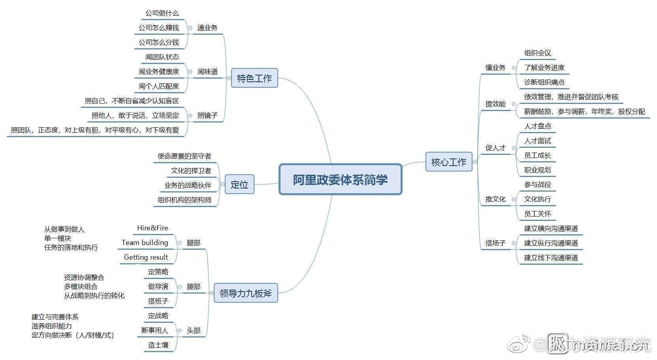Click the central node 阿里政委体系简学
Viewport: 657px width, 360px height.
coord(340,180)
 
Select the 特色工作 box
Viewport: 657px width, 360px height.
coord(254,78)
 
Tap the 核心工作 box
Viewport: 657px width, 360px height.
coord(448,162)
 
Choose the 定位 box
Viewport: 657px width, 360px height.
coord(239,185)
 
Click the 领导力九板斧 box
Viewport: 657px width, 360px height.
coord(245,294)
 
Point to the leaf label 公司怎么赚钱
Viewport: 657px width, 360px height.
coord(158,28)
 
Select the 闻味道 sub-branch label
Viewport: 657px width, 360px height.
coord(207,72)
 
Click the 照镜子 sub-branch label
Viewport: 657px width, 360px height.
coord(207,115)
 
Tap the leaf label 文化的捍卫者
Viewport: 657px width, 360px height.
coord(191,171)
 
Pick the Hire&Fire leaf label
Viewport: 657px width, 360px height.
coord(152,228)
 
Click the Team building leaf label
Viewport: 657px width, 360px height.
coord(145,243)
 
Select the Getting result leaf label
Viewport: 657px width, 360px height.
coord(146,257)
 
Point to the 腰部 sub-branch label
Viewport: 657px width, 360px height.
coord(193,286)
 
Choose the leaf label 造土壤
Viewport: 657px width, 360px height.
coord(158,345)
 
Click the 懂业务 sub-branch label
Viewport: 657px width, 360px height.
coord(495,68)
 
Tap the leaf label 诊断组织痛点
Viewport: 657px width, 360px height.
coord(544,82)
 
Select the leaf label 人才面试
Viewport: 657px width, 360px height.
coord(537,141)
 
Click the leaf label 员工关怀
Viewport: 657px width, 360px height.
coord(537,214)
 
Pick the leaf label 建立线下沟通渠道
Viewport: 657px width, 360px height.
coord(551,258)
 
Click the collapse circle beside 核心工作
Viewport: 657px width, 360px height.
coord(475,162)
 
